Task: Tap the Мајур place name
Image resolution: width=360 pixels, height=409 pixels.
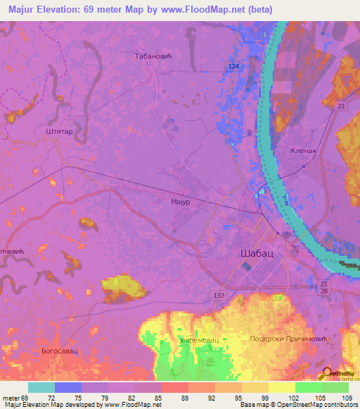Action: [x=181, y=202]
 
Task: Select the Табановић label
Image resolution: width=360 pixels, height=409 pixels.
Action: [x=155, y=55]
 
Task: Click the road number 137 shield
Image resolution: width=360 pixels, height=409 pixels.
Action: [x=218, y=296]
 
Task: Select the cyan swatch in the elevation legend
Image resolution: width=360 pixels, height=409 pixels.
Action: [x=41, y=387]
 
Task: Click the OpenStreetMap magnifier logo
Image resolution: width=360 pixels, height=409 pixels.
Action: [x=327, y=374]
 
